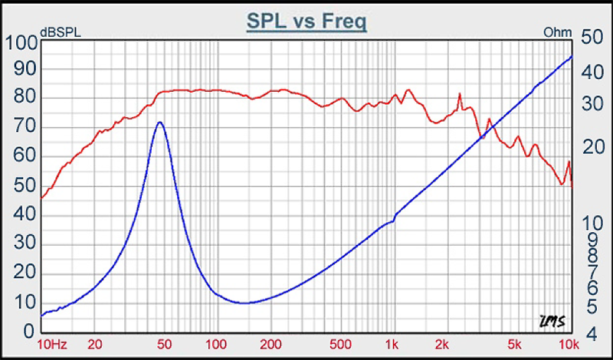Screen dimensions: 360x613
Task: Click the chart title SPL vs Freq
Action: point(306,21)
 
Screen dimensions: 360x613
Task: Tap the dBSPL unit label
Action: point(61,32)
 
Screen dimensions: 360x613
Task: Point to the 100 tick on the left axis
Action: point(21,43)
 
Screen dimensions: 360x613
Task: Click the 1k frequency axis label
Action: point(392,344)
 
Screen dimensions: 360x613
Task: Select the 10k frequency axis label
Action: point(567,344)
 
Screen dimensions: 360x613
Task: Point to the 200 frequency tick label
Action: point(269,344)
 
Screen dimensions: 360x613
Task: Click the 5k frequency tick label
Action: point(515,344)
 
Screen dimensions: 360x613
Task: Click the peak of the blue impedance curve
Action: point(159,123)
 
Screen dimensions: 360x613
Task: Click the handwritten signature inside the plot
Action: point(549,320)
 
